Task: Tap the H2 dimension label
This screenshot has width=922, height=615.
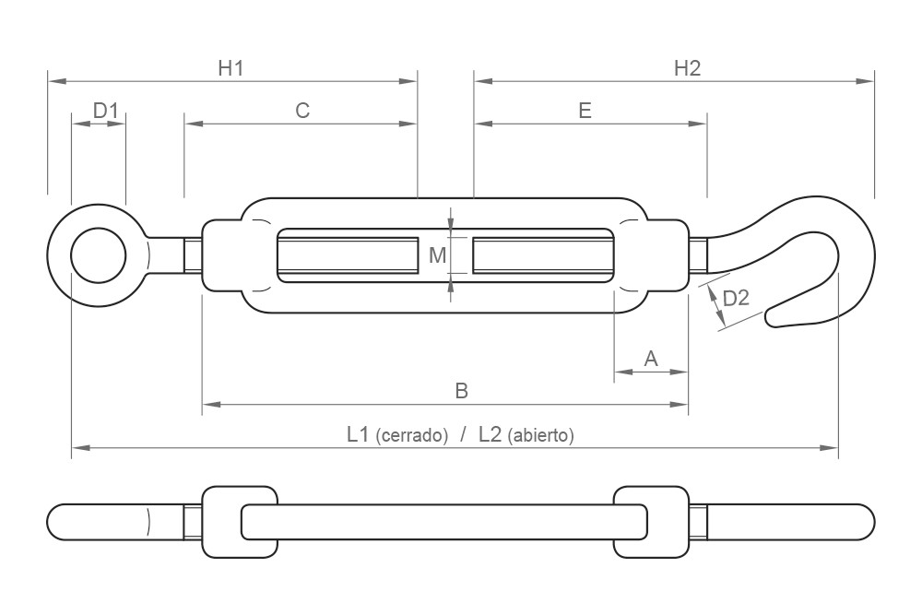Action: [687, 67]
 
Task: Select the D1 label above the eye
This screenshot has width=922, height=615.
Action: [106, 112]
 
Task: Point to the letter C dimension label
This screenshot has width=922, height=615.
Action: [301, 111]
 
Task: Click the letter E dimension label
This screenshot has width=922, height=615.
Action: [584, 111]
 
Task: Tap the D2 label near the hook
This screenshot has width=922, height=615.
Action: [736, 299]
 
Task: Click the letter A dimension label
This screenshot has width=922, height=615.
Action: [650, 358]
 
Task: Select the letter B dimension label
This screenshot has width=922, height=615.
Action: [462, 391]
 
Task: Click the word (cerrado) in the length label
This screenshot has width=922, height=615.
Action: [412, 435]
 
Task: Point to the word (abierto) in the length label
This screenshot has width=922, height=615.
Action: [540, 435]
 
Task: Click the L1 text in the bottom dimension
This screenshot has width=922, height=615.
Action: [359, 434]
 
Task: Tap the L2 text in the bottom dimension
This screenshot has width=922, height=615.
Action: [490, 434]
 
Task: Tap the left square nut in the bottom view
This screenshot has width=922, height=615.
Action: [238, 522]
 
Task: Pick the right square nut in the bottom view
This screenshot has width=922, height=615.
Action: [650, 522]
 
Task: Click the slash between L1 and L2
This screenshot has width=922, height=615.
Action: [463, 434]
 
